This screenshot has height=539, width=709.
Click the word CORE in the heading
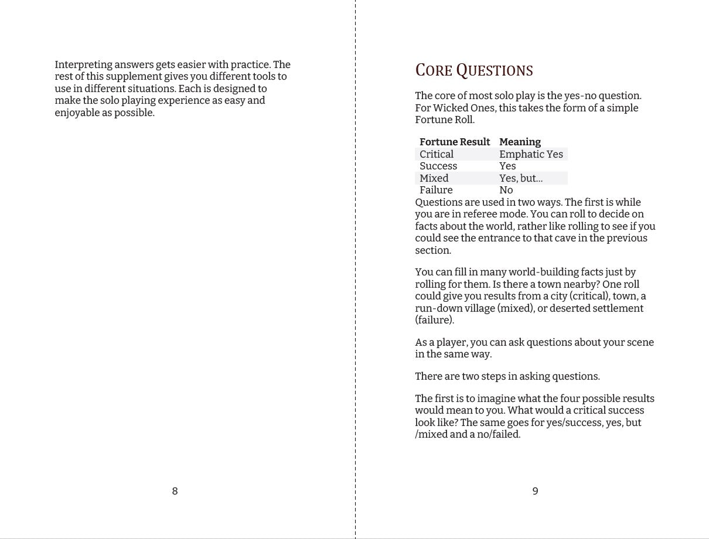(x=434, y=71)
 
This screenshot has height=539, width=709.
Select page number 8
(x=175, y=491)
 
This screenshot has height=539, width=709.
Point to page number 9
(x=535, y=491)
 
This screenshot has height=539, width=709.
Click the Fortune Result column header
(x=454, y=142)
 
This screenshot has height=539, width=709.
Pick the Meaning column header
(x=520, y=142)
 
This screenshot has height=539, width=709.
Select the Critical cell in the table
(x=436, y=154)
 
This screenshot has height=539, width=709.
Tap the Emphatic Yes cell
(x=531, y=154)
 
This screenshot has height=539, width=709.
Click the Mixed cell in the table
(x=434, y=178)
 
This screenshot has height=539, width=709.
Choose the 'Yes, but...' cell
(x=521, y=178)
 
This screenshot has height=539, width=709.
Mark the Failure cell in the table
(x=436, y=190)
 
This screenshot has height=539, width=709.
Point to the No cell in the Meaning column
(x=506, y=190)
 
